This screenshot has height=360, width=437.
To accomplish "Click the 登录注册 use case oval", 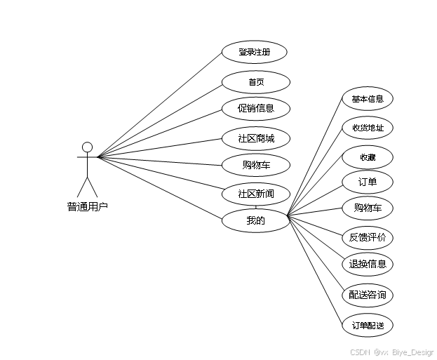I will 254,52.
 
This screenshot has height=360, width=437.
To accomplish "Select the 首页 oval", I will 256,82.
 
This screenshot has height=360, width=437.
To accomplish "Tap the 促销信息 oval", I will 256,109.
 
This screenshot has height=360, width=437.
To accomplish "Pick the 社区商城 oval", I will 256,138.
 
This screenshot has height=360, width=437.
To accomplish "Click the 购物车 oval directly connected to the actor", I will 256,166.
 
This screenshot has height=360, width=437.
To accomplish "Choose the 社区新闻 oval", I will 256,193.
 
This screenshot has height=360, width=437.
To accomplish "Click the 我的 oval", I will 256,221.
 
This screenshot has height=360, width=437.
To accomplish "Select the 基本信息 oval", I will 368,99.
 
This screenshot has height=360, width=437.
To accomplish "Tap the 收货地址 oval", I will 368,128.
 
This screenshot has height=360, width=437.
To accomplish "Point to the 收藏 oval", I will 368,157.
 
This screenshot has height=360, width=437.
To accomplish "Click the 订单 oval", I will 368,182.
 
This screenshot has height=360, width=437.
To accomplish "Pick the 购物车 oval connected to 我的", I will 368,208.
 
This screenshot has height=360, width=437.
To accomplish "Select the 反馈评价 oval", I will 368,237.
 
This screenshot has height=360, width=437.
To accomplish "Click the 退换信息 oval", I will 368,265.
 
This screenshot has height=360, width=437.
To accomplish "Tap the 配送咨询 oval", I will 368,295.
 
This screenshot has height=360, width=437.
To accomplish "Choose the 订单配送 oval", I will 368,326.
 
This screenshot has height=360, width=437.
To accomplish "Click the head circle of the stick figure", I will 87,147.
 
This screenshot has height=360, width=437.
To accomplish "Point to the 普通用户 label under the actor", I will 88,206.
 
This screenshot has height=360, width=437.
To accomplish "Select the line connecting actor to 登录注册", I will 159,104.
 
